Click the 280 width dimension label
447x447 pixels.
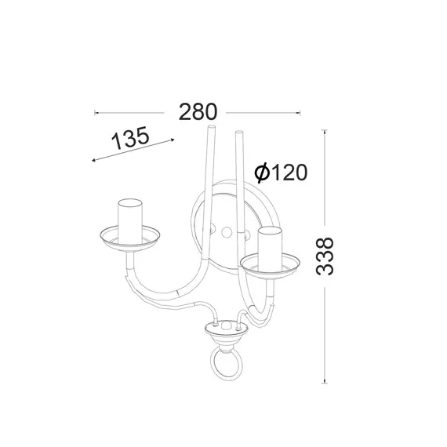(198, 112)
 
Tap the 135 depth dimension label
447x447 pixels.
(130, 138)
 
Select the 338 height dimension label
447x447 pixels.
(325, 256)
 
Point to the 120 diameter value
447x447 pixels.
(289, 173)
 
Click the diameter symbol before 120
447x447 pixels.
(262, 173)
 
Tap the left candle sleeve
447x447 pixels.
(130, 221)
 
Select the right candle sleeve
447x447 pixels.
(270, 249)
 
